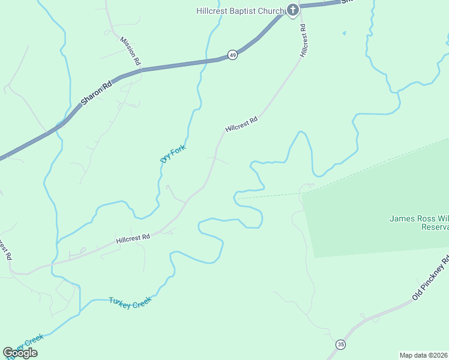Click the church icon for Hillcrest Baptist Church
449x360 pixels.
pos(292,10)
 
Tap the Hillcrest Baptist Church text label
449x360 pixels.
pos(239,10)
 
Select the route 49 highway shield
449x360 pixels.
pos(233,55)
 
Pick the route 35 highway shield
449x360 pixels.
pos(342,344)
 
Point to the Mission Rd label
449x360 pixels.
pos(130,50)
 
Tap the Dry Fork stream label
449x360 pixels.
pos(173,153)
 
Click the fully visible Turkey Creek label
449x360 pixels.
pos(130,302)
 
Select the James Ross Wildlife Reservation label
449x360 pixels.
pos(418,223)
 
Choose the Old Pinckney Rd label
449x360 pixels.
pos(431,279)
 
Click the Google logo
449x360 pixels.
pos(20,353)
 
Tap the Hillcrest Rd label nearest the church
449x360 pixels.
pos(304,41)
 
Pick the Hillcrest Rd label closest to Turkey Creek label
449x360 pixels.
pos(133,239)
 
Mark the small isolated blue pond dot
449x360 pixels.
pos(344,32)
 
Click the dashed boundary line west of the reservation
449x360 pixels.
pos(270,195)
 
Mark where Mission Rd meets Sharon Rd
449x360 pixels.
pos(142,70)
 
